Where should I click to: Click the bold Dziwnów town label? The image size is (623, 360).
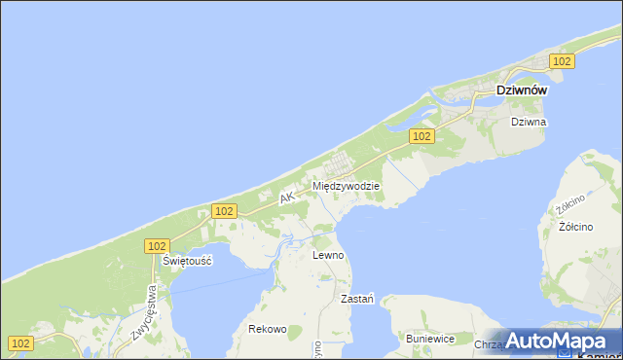pyautogui.click(x=521, y=90)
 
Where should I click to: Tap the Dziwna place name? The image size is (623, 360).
pyautogui.click(x=530, y=123)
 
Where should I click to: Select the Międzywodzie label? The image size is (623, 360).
pyautogui.click(x=346, y=185)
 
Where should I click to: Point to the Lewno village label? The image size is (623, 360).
pyautogui.click(x=328, y=255)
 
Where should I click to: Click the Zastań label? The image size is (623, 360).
pyautogui.click(x=357, y=299)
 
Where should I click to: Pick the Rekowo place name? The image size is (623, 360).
pyautogui.click(x=268, y=329)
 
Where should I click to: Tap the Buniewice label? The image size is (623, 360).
pyautogui.click(x=430, y=339)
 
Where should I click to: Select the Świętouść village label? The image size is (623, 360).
pyautogui.click(x=188, y=262)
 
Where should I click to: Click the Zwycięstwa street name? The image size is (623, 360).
pyautogui.click(x=143, y=312)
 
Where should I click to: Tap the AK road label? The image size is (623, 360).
pyautogui.click(x=286, y=198)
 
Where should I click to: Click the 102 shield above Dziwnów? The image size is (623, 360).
pyautogui.click(x=561, y=61)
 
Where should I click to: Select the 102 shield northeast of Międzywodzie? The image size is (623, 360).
pyautogui.click(x=421, y=137)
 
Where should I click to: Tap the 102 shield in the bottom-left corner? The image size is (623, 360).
pyautogui.click(x=21, y=342)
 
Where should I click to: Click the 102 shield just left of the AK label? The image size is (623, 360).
pyautogui.click(x=224, y=211)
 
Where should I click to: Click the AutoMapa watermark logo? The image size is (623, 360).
pyautogui.click(x=561, y=342)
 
